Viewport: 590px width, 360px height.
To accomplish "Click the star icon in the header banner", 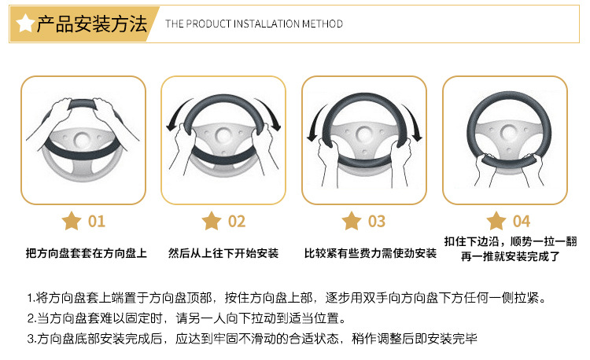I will pos(25,24).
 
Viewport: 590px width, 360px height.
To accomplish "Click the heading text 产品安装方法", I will pos(92,24).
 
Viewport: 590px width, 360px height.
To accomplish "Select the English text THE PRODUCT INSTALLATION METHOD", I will pos(253,24).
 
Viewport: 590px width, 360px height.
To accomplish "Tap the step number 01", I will pos(96,221).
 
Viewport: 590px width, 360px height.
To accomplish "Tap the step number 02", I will pos(237,221).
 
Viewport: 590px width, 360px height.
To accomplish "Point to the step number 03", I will pos(377,221).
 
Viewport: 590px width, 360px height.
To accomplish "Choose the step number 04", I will pos(521,221).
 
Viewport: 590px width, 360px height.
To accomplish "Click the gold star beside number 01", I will pos(72,221).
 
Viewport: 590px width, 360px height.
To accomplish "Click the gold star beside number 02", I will pos(212,221).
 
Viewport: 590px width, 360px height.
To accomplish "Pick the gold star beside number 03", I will pos(352,221).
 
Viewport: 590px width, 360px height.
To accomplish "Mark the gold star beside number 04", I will pos(496,221).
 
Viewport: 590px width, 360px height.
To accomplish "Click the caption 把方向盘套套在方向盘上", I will pos(86,253).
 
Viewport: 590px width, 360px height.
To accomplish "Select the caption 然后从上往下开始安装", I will pos(223,253).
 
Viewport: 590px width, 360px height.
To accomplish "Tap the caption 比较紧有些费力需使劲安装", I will pos(370,253).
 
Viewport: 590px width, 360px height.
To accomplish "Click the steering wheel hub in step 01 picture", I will pos(83,141).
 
